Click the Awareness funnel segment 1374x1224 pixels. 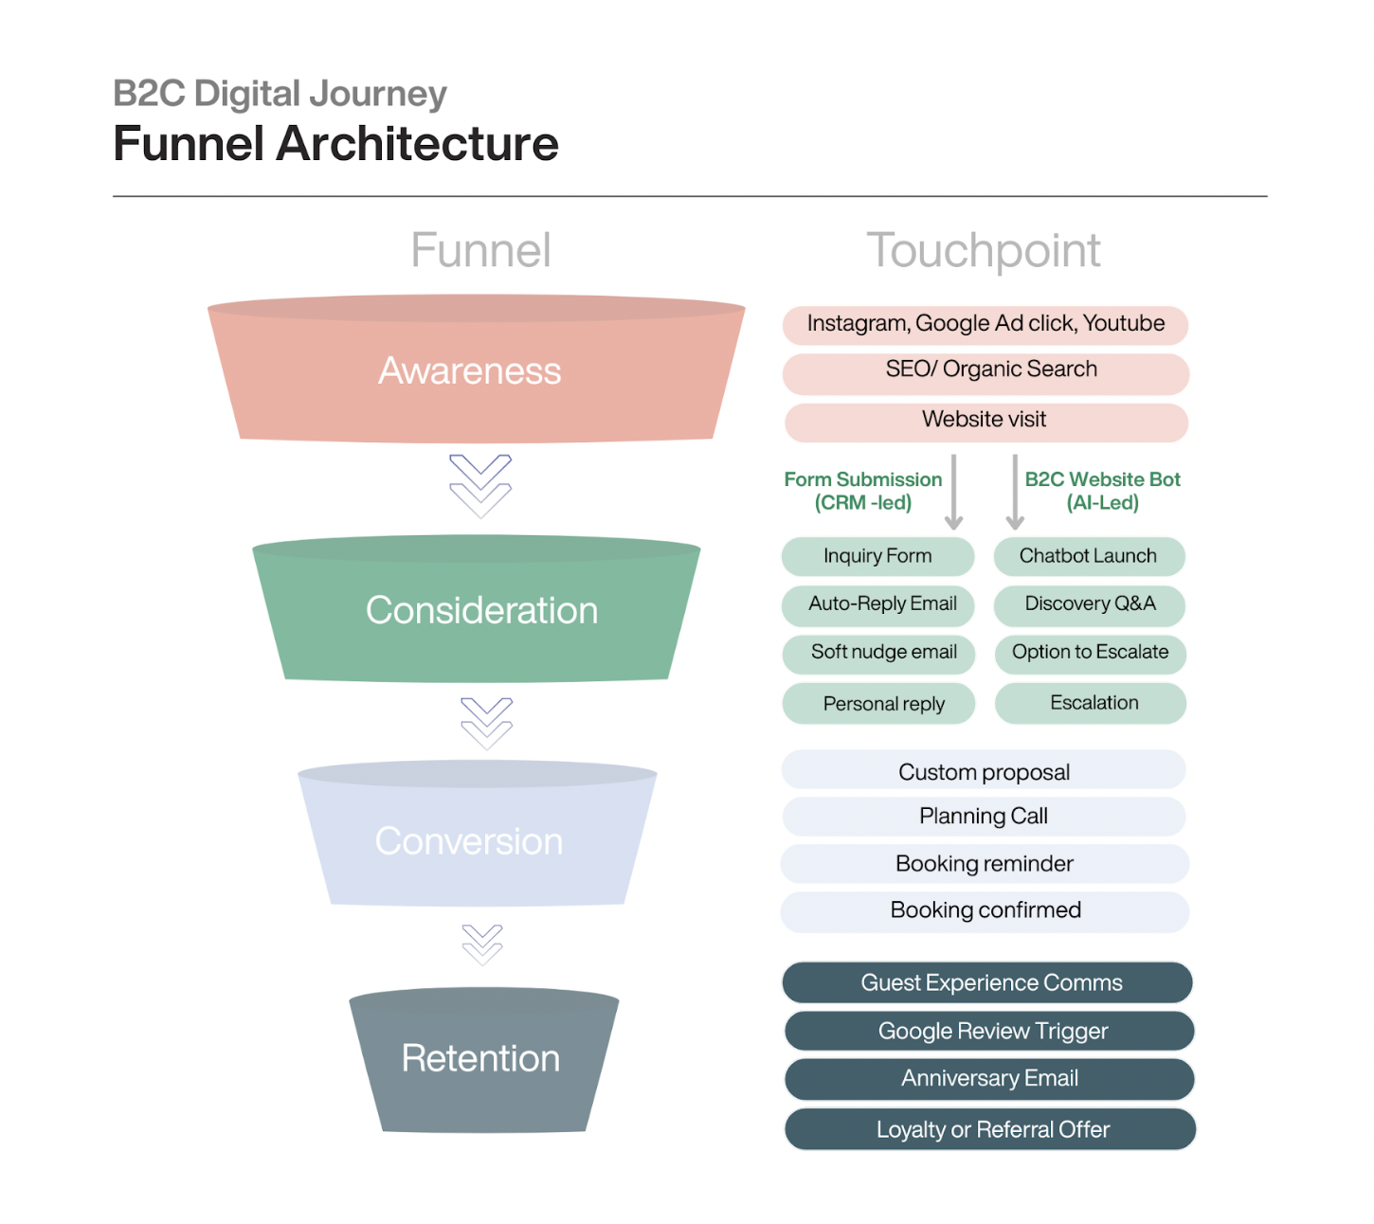475,371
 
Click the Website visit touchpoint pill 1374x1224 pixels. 985,422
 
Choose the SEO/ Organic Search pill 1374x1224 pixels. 985,372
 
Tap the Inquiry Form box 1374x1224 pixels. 877,557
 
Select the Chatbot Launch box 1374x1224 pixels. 1089,557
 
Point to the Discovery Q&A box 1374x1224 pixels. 1090,605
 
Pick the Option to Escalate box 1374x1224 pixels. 1090,653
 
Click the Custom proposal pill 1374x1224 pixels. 984,771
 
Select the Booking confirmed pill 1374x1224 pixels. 985,911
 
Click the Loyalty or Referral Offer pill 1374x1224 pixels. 990,1129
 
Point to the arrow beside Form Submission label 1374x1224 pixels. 954,492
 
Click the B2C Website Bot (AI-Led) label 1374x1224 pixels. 1102,491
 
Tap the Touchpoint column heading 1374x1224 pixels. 984,251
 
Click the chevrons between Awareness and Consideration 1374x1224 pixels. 480,485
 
